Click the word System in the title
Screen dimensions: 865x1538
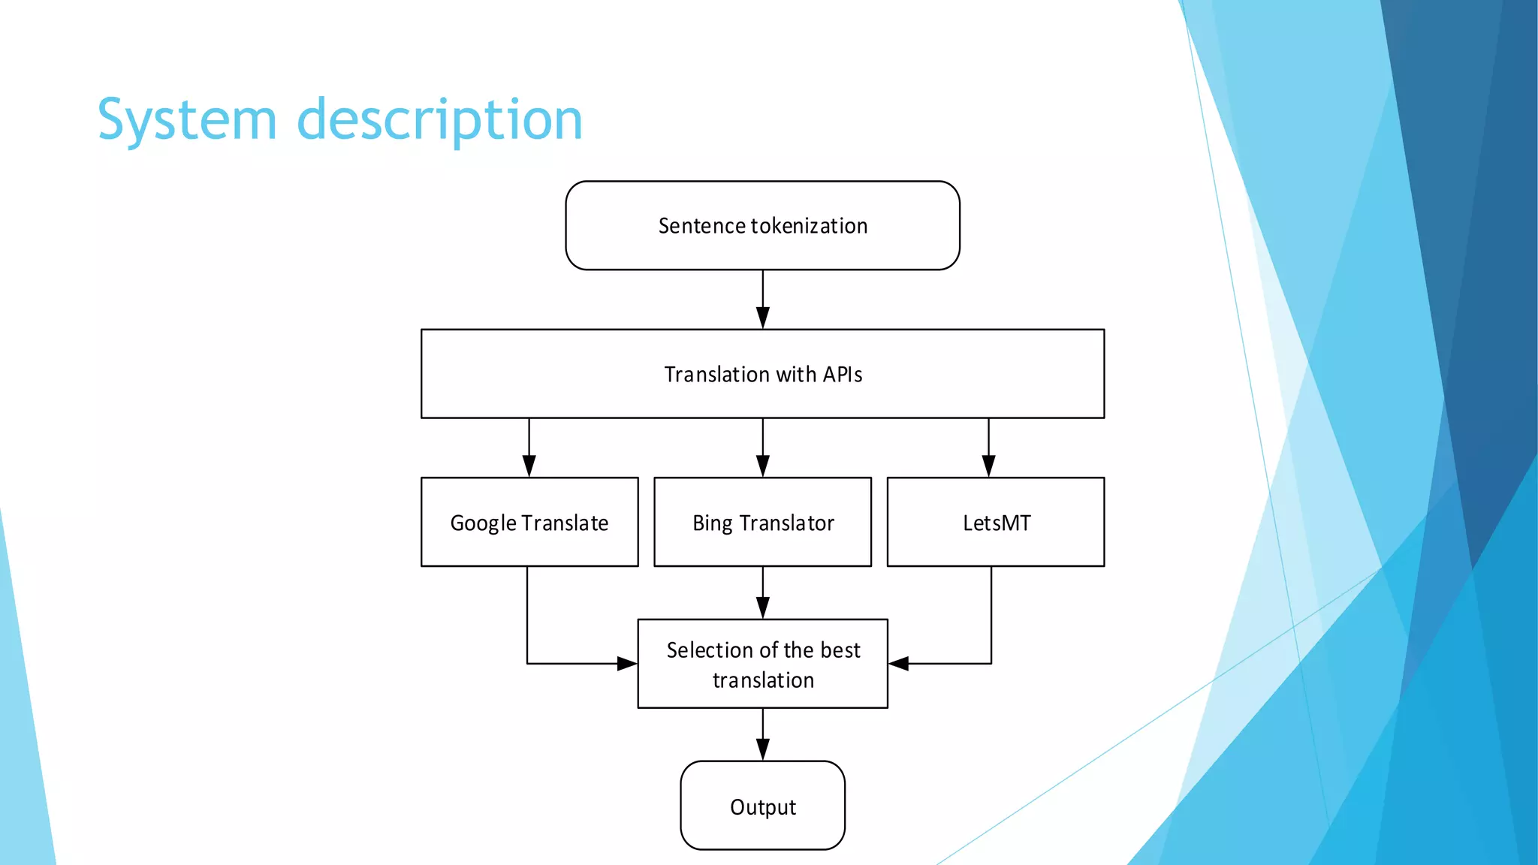(x=187, y=120)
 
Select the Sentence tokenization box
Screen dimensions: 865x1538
(x=762, y=225)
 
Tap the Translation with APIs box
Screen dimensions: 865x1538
(x=762, y=373)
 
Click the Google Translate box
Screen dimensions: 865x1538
(x=529, y=522)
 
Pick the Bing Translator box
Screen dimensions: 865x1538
(x=762, y=522)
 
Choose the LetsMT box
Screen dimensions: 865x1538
(x=996, y=522)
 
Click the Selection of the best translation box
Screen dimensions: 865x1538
(x=762, y=664)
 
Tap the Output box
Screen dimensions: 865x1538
(x=762, y=806)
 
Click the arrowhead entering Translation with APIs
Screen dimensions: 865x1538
(x=763, y=318)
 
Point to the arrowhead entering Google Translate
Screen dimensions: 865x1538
(x=529, y=466)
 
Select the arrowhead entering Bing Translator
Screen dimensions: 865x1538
(x=763, y=466)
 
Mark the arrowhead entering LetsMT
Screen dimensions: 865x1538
(x=989, y=466)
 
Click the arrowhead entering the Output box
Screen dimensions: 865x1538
(x=763, y=750)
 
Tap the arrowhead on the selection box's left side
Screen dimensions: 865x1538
(x=627, y=664)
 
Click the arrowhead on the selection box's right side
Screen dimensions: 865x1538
(x=899, y=664)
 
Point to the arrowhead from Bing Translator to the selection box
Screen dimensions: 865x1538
(x=763, y=608)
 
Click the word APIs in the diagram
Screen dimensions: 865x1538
(x=842, y=374)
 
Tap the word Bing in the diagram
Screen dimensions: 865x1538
(x=712, y=523)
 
